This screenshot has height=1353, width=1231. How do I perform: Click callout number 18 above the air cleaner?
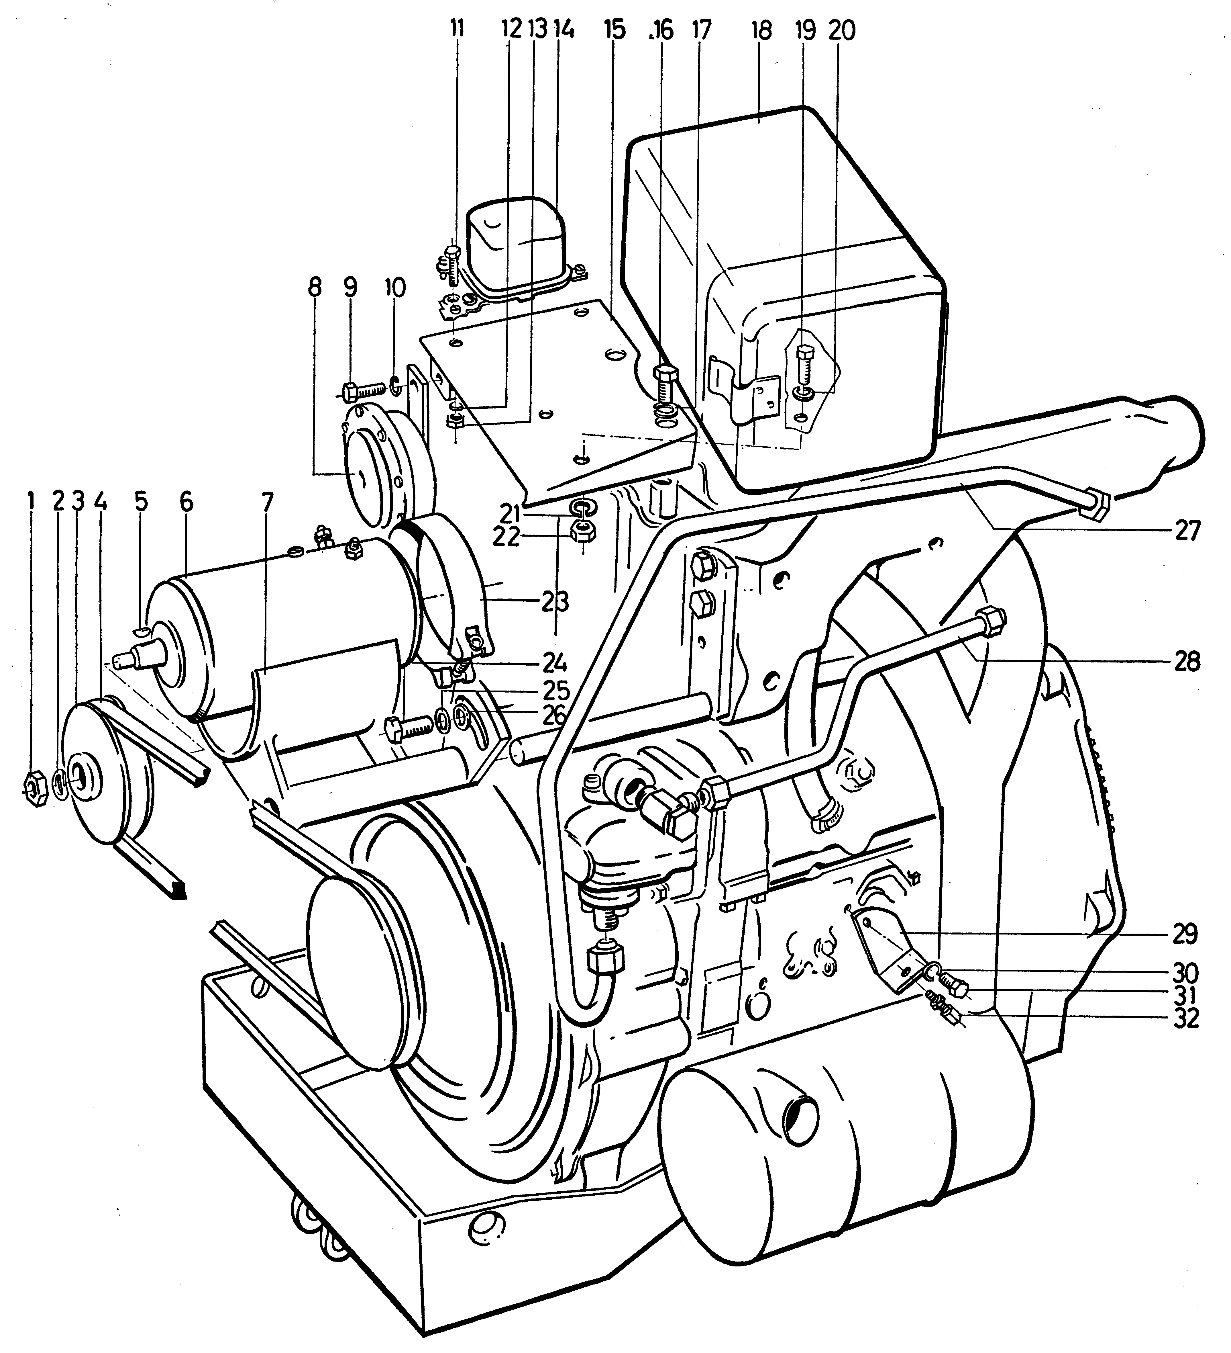(761, 49)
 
